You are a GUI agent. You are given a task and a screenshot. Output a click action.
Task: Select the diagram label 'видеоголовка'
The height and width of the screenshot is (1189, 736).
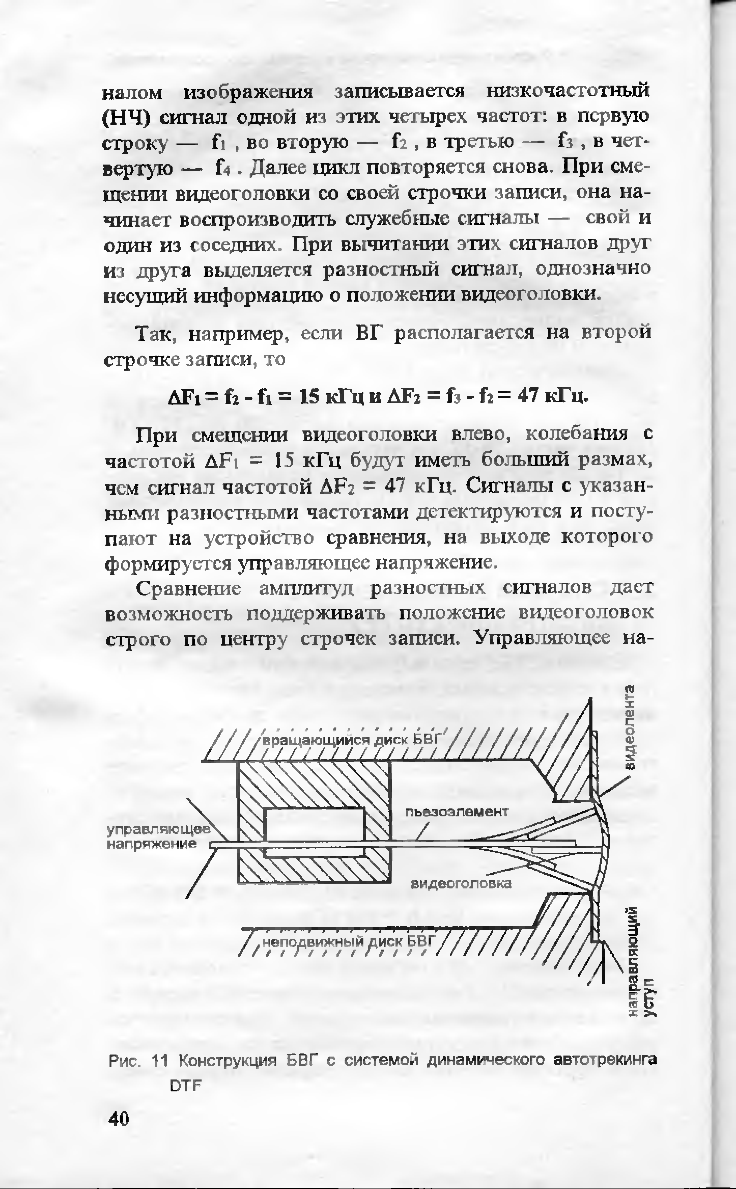click(x=461, y=884)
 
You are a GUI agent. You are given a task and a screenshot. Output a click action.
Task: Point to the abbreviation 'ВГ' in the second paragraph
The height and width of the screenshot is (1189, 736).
click(x=370, y=334)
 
